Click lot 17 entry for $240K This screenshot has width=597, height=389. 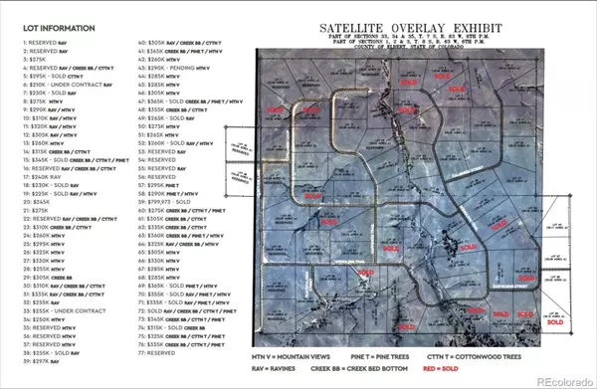coord(49,176)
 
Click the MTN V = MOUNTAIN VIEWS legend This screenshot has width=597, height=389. coord(298,354)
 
